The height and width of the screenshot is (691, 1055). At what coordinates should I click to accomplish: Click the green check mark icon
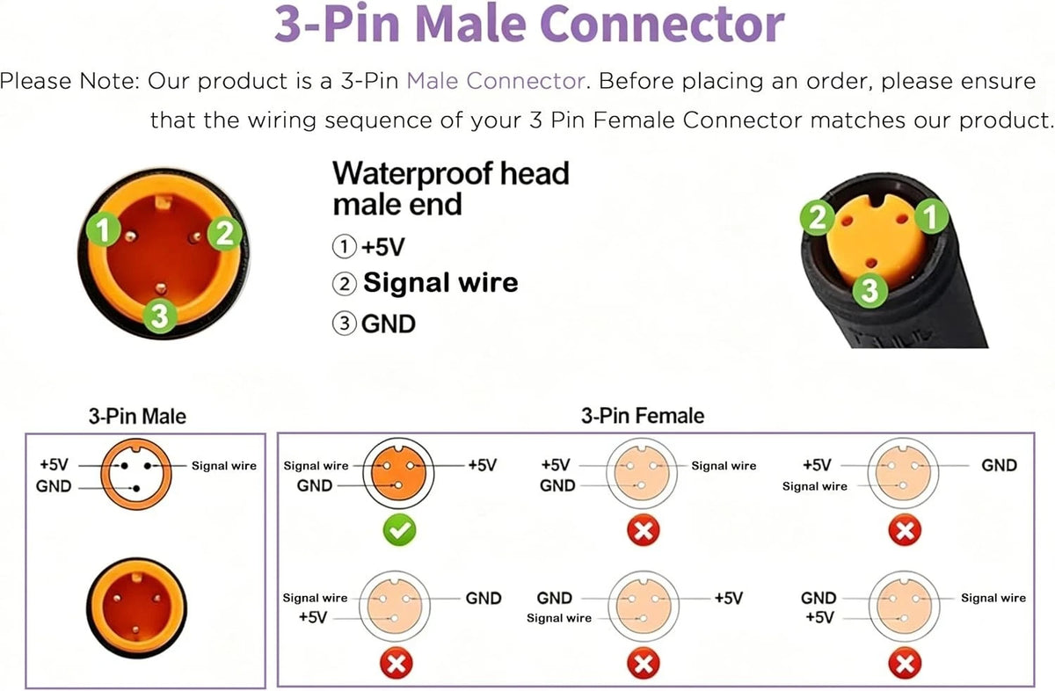(399, 530)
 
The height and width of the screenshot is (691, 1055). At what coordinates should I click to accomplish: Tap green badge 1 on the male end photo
(103, 229)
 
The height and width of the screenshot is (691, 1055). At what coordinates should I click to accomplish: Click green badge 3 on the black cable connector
(869, 290)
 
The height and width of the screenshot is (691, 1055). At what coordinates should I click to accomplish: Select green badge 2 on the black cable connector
(818, 217)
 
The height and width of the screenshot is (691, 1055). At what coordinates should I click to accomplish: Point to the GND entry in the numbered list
(388, 324)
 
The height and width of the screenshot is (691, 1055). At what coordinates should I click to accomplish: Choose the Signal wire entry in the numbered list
(440, 282)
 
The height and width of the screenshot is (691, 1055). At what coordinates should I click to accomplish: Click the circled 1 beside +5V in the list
(345, 246)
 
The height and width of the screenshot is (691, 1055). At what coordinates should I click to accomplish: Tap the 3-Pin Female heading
(643, 416)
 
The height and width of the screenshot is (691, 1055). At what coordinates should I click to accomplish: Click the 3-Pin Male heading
(137, 417)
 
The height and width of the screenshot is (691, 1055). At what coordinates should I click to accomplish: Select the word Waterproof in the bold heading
(412, 173)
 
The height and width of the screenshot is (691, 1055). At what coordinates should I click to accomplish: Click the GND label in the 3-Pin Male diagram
(54, 486)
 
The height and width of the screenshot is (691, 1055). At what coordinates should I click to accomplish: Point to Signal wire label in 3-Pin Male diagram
(223, 466)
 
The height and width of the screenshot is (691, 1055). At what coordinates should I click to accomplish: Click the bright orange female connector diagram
(398, 473)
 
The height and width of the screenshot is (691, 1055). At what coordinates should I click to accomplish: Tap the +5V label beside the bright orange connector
(483, 465)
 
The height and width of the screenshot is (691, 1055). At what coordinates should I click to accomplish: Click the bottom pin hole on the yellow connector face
(871, 263)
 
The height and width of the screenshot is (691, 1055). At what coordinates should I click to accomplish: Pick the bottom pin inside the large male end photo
(161, 287)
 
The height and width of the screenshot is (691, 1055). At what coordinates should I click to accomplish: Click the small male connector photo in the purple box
(136, 607)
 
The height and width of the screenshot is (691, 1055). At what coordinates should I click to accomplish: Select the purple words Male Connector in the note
(496, 81)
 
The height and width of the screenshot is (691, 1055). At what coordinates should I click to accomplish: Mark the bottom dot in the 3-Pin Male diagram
(136, 489)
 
